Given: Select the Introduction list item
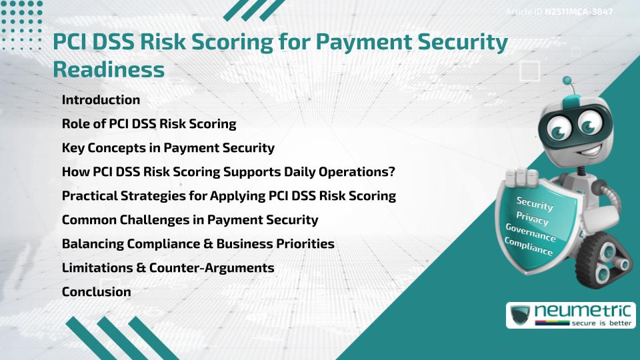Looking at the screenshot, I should [101, 100].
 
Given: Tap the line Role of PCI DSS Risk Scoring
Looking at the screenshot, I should [149, 124].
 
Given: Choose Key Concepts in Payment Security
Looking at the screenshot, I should [167, 148].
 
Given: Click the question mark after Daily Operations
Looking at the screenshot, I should [392, 172].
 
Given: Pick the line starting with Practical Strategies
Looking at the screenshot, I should [229, 196].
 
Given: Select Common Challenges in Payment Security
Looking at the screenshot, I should [189, 220].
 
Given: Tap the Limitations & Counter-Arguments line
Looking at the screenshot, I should [167, 268].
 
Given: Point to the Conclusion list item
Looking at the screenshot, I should [96, 292].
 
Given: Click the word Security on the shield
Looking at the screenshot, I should [535, 204].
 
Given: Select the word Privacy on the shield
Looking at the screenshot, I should [532, 219].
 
